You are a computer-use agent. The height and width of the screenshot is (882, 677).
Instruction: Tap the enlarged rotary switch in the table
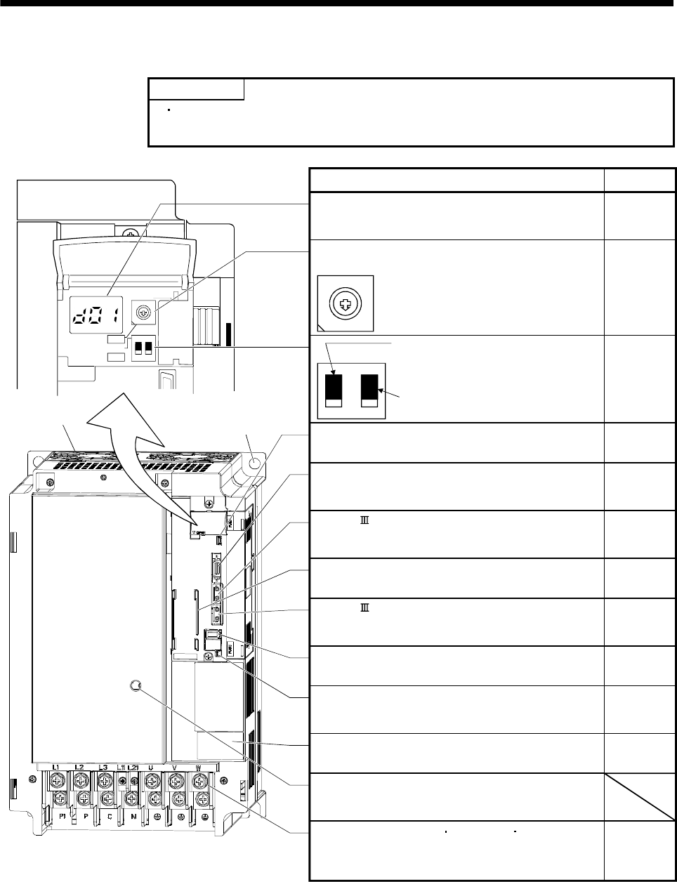[346, 303]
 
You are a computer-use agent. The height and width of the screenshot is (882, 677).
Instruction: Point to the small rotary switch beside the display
[143, 309]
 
